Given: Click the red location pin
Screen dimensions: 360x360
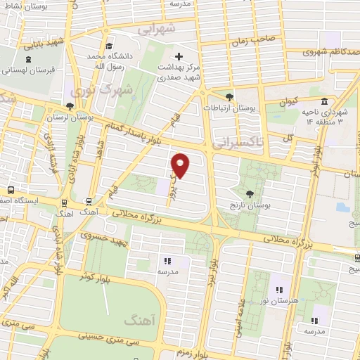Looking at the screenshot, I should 181,165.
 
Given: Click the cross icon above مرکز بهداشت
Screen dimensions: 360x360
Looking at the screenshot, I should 178,56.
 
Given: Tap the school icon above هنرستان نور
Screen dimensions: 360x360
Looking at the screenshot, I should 279,289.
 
